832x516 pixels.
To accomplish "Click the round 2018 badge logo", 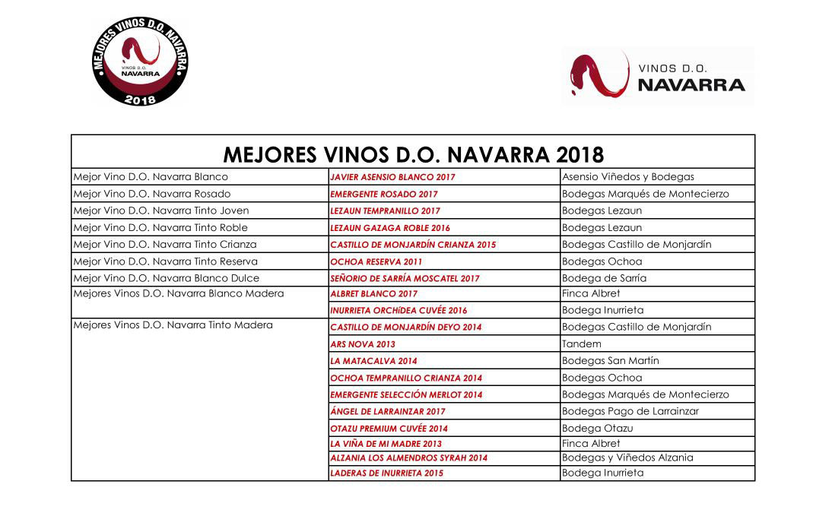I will [140, 62].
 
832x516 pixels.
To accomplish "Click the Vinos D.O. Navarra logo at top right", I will [658, 75].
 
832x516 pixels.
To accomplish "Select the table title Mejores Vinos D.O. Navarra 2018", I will [413, 155].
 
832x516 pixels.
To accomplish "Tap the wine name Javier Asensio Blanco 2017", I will [392, 177].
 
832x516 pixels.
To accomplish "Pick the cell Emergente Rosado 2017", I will [384, 195].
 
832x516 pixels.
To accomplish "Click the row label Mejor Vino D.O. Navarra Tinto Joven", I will [160, 211].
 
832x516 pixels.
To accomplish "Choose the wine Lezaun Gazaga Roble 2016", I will [390, 228].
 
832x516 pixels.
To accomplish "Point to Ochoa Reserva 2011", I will [376, 261].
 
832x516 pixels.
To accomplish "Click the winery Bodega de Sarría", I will [604, 278].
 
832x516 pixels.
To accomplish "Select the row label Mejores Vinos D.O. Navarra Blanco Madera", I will [178, 294].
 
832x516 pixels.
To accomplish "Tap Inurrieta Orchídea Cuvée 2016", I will [399, 311].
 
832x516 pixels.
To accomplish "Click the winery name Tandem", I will [582, 344].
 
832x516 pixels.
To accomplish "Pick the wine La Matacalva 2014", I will [373, 361].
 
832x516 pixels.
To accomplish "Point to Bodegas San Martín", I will [611, 361].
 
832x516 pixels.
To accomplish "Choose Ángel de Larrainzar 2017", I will [388, 411].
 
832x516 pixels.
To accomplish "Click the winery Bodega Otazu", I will [597, 428].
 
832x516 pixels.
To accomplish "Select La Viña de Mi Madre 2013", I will [386, 444].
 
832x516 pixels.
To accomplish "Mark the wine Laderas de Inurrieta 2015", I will [386, 473].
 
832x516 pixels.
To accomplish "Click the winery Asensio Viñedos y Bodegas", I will [627, 177].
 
